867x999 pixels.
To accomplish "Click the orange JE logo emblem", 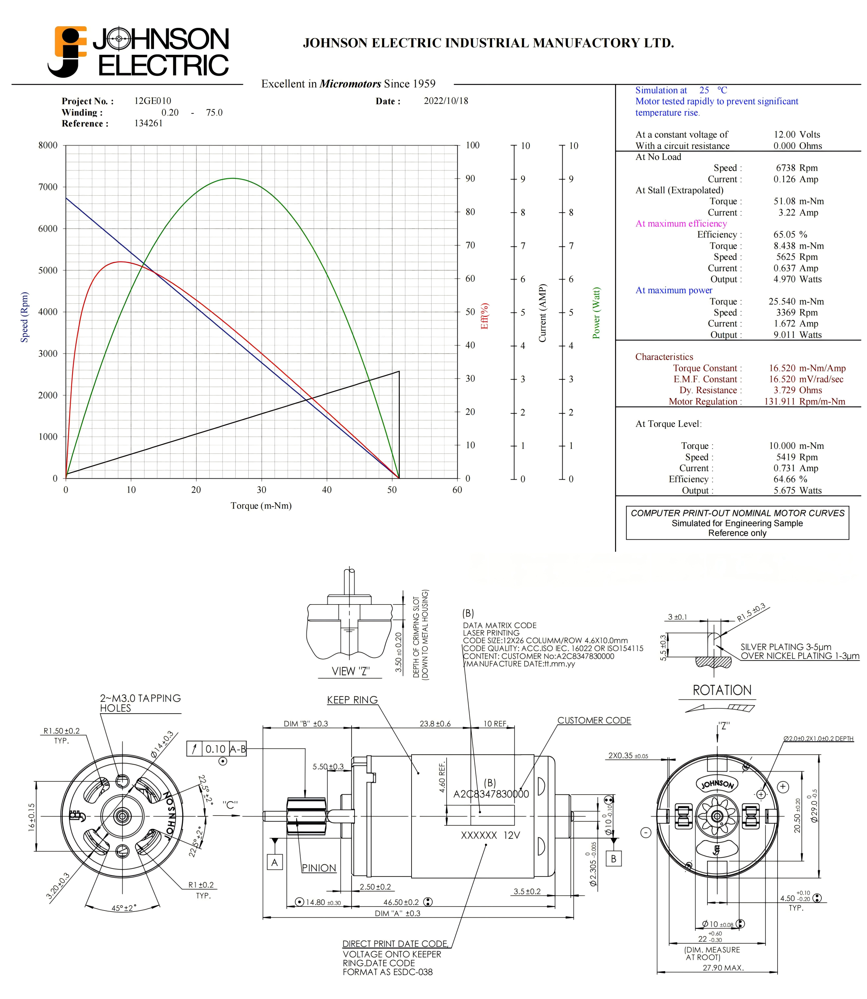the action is click(x=68, y=51).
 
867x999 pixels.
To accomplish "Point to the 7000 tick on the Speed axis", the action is click(x=48, y=187).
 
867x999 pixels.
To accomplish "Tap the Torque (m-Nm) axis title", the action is click(x=261, y=506).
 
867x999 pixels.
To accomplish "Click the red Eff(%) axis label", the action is click(x=484, y=316).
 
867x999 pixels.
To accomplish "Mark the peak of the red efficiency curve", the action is click(x=121, y=262).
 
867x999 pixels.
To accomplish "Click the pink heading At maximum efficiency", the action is click(x=681, y=223).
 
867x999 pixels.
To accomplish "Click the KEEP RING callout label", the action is click(x=352, y=700).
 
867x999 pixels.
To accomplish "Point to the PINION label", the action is click(x=319, y=868).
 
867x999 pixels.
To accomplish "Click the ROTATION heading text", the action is click(x=722, y=690).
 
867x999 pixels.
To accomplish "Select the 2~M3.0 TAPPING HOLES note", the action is click(x=140, y=703).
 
